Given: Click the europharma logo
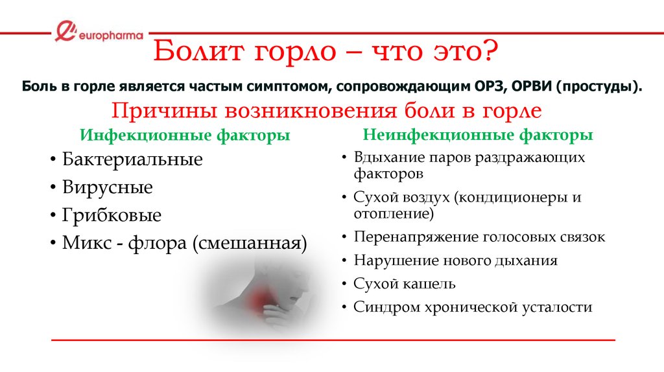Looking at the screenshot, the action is (x=99, y=32).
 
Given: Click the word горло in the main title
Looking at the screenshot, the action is (x=295, y=52).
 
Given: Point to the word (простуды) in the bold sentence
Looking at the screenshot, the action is (x=599, y=86).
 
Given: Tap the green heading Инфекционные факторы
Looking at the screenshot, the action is (x=185, y=135).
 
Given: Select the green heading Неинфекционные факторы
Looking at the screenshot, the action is (x=478, y=135).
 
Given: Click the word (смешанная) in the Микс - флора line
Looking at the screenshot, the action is (x=250, y=243).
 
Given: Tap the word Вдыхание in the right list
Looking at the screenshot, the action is (x=389, y=157).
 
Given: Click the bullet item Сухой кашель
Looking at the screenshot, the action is (x=405, y=284).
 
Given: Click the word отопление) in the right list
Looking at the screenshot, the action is (x=394, y=214).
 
